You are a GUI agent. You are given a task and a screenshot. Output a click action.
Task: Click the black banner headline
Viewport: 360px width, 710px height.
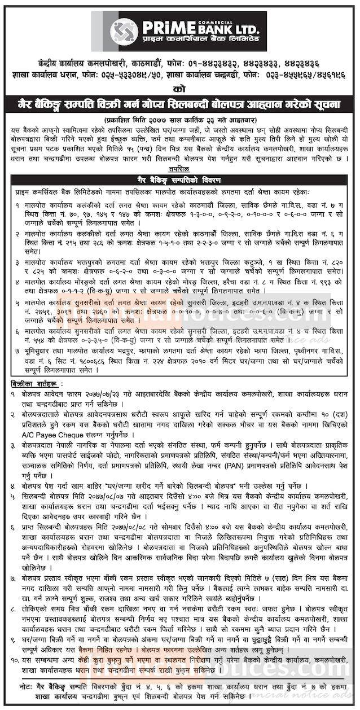point(179,104)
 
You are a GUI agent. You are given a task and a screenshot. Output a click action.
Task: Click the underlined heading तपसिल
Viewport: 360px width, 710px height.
point(179,168)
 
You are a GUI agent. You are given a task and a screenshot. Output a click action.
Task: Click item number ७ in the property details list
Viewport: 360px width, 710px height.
point(18,350)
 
